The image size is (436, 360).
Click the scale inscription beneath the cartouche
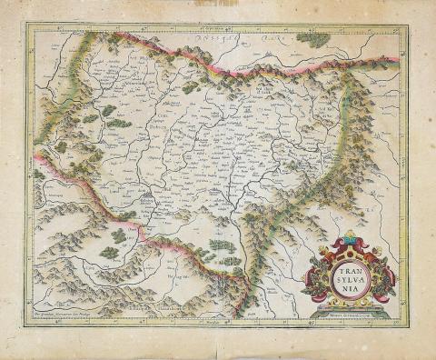tap(350, 314)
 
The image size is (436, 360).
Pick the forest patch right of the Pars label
tap(313, 40)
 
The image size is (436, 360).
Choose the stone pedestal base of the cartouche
tap(350, 304)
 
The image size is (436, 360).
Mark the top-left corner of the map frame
tap(27, 25)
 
